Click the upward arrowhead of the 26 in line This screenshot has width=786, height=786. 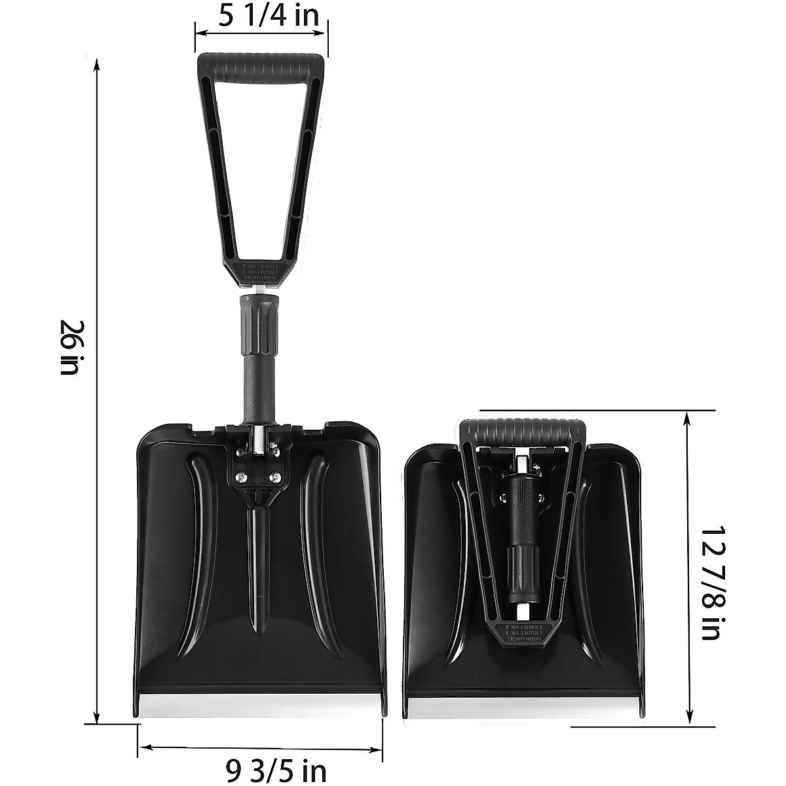(x=97, y=64)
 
